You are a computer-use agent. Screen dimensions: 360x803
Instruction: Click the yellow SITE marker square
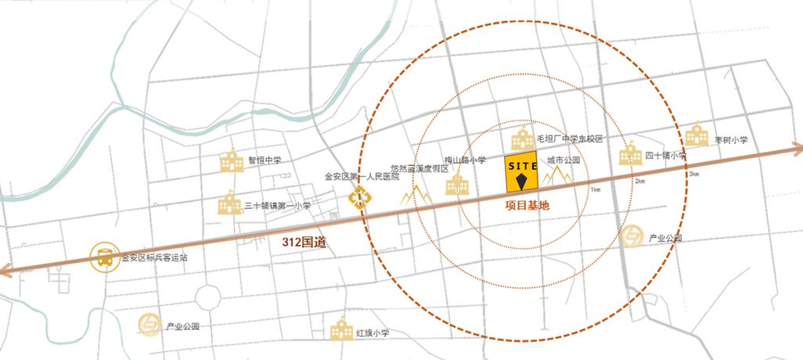[521, 177]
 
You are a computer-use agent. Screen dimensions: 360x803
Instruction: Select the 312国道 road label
[304, 243]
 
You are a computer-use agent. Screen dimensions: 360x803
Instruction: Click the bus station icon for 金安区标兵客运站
[103, 257]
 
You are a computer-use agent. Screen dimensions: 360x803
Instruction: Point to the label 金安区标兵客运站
[154, 257]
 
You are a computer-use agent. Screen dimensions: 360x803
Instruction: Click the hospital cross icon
[358, 199]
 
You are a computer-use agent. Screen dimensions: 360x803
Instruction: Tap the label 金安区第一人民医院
[362, 176]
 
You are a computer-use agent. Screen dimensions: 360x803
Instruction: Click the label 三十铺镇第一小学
[277, 206]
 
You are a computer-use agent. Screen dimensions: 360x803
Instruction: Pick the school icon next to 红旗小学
[341, 329]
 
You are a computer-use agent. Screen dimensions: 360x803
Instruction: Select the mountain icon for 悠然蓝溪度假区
[416, 194]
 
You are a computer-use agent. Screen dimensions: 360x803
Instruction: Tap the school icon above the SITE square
[522, 140]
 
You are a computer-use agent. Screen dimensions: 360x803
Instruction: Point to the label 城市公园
[564, 160]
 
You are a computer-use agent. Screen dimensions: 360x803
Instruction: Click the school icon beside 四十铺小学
[630, 154]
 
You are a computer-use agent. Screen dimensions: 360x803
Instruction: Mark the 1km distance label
[596, 190]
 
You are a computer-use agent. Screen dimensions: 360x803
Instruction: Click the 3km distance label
[693, 173]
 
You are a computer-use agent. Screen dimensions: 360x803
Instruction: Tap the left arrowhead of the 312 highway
[6, 272]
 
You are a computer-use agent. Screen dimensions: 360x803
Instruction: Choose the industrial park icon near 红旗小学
[149, 324]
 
